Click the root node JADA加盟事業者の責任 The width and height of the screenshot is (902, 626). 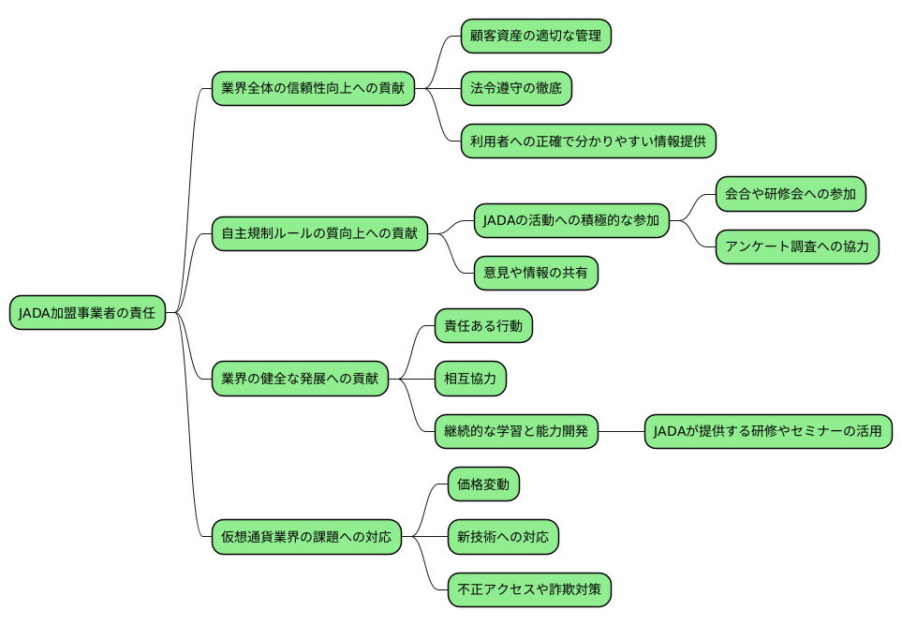tap(87, 313)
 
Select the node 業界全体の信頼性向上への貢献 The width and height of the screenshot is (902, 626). tap(313, 89)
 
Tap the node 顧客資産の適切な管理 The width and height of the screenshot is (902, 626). tap(536, 37)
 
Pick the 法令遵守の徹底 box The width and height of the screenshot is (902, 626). tap(516, 89)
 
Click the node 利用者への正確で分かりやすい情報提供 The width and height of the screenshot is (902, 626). tap(588, 142)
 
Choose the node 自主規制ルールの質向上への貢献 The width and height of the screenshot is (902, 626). tap(319, 232)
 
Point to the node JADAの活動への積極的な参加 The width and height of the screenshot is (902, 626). tap(571, 221)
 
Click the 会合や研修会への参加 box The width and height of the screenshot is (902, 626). tap(790, 195)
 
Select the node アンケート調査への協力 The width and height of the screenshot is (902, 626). tap(797, 247)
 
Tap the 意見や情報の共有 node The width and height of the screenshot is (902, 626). tap(536, 274)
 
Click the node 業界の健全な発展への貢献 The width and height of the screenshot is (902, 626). tap(300, 379)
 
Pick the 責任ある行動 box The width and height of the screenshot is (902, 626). tap(483, 326)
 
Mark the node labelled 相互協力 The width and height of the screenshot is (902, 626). tap(470, 379)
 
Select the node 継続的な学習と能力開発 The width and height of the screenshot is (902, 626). tap(516, 431)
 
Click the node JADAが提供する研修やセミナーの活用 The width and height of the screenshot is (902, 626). tap(767, 431)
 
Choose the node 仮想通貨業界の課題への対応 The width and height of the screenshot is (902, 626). tap(306, 537)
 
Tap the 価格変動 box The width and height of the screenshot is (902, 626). tap(483, 484)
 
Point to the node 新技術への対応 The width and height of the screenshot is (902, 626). tap(503, 537)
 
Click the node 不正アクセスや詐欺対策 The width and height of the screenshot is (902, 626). tap(529, 589)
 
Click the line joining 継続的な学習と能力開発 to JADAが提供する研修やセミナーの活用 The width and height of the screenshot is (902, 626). tap(621, 431)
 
